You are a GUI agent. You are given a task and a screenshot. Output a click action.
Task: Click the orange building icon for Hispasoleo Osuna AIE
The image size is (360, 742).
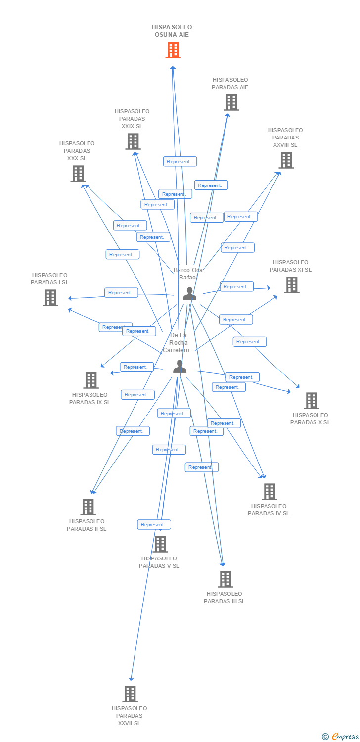click(173, 50)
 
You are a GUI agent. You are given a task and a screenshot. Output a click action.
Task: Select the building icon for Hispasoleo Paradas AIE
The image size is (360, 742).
click(231, 102)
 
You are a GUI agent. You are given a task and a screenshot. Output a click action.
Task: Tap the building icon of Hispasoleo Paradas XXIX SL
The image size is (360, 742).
click(133, 141)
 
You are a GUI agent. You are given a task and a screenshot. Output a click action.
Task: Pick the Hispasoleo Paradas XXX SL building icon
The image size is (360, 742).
click(78, 174)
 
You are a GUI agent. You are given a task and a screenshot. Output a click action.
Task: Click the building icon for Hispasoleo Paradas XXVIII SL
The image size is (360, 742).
click(286, 160)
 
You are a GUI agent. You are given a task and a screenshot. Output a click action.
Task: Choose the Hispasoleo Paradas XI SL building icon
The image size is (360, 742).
click(291, 285)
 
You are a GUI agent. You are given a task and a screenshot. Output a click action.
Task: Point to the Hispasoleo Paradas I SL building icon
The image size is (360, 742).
click(50, 298)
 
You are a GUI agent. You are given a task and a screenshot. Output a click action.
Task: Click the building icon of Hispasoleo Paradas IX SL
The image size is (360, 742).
click(90, 380)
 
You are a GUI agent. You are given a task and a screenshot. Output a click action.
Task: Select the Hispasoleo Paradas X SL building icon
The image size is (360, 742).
click(311, 401)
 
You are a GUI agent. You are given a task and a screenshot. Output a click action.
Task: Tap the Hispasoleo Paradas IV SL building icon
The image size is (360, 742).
click(269, 492)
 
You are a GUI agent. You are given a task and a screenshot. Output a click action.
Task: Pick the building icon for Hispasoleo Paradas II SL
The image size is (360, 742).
click(88, 507)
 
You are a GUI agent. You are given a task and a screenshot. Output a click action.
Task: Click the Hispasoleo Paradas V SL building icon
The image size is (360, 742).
click(160, 544)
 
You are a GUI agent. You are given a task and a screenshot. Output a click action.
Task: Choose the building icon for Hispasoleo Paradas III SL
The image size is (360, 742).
click(225, 579)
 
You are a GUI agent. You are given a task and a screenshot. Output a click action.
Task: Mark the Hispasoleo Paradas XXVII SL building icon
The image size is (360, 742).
click(130, 694)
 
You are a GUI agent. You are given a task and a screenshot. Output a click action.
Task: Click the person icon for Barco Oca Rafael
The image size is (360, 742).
click(189, 294)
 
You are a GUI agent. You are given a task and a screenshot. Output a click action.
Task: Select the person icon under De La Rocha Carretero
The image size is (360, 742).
click(180, 367)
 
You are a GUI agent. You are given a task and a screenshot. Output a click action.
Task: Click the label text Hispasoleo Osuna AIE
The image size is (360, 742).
click(172, 31)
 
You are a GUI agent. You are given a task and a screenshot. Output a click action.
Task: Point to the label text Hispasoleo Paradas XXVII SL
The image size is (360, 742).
click(129, 716)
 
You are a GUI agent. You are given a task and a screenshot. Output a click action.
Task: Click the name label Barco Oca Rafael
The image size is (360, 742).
click(188, 274)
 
